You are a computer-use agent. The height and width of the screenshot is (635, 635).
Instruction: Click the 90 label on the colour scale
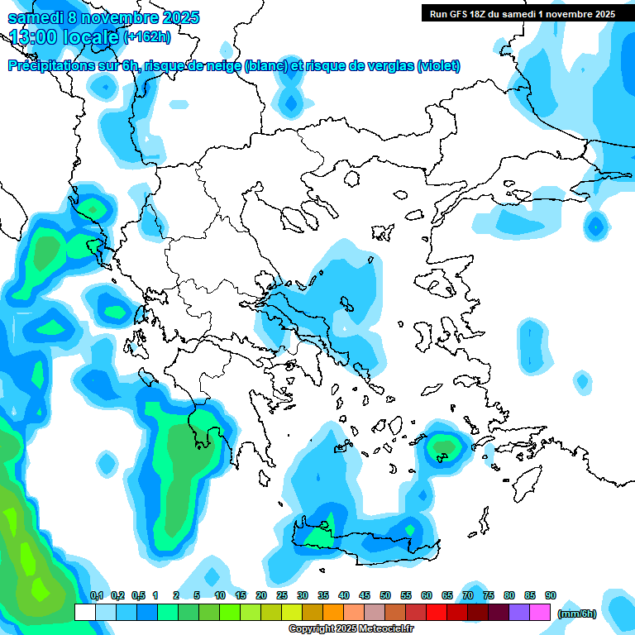click(551, 595)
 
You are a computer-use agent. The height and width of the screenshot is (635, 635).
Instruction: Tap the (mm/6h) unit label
click(578, 613)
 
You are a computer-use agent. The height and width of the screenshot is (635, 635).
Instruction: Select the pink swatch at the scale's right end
click(541, 612)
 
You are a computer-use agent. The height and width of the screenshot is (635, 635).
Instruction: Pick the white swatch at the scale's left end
click(84, 612)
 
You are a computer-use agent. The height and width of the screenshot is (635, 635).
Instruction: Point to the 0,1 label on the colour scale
click(96, 595)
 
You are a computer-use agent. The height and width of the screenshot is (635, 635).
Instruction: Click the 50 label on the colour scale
click(385, 595)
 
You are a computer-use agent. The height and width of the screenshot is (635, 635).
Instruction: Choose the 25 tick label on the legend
click(282, 595)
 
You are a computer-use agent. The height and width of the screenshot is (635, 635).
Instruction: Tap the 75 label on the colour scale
click(489, 595)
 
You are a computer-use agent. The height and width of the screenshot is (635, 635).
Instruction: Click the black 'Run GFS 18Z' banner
click(523, 14)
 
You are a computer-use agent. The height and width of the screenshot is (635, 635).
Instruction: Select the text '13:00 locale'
click(64, 36)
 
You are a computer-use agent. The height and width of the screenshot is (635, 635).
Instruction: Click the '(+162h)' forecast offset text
click(146, 36)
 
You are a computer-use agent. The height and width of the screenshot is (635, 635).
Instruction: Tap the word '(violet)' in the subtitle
click(438, 66)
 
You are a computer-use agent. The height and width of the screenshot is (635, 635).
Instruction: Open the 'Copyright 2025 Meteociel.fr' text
click(351, 629)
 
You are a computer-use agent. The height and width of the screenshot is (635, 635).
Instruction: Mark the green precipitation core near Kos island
click(445, 447)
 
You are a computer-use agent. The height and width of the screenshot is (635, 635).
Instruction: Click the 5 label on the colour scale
click(197, 595)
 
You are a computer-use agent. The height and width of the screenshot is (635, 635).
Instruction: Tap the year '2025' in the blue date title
click(175, 17)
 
